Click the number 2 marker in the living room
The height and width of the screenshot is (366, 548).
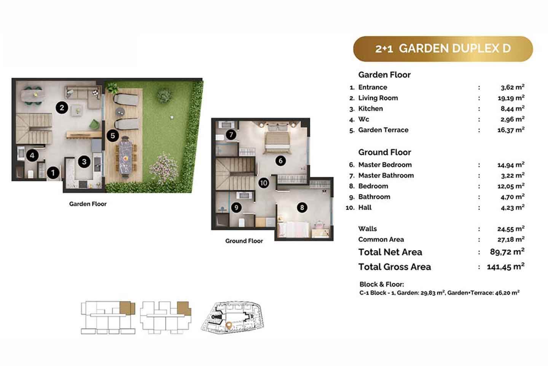(62, 108)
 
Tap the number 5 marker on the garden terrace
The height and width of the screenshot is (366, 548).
(113, 136)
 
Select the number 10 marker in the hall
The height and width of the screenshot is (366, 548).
(264, 183)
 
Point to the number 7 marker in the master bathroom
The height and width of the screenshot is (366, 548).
(231, 134)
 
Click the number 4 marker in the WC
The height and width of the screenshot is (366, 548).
(32, 156)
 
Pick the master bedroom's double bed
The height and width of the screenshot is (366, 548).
(277, 140)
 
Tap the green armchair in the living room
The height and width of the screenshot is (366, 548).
(94, 124)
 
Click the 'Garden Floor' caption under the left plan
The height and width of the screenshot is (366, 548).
(88, 204)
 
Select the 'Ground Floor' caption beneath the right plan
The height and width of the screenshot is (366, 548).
(244, 241)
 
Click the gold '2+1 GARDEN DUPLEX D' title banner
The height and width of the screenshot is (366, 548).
(443, 49)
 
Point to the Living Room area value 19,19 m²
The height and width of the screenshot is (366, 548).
(511, 98)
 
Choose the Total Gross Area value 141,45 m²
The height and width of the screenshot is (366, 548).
(506, 266)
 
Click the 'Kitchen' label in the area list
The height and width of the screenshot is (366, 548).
(370, 109)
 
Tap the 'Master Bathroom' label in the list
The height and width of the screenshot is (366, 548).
(386, 175)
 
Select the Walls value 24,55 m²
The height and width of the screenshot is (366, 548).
(511, 229)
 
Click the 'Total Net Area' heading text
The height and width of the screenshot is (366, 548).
(390, 252)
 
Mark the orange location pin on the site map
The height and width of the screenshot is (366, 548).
(228, 325)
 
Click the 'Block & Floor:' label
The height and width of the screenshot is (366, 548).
(382, 284)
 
